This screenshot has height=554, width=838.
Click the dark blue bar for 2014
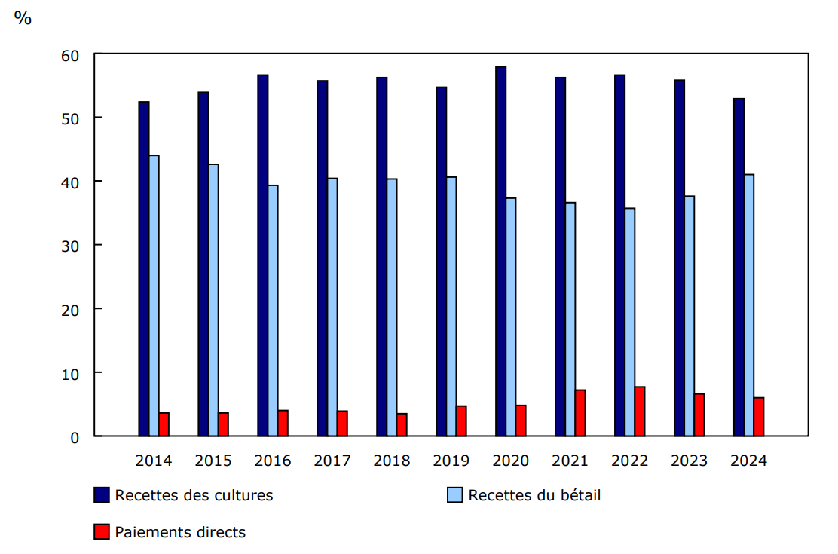pyautogui.click(x=143, y=268)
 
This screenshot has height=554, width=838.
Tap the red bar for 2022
pyautogui.click(x=640, y=411)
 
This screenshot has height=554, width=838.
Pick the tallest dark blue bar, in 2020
pyautogui.click(x=500, y=251)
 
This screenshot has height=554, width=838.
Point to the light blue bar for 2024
pyautogui.click(x=748, y=305)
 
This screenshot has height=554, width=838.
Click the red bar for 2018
pyautogui.click(x=402, y=424)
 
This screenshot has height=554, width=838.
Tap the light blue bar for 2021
pyautogui.click(x=570, y=318)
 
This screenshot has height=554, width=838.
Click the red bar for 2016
pyautogui.click(x=283, y=423)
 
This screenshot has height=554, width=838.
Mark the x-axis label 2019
pyautogui.click(x=451, y=461)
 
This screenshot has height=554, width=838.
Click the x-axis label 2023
pyautogui.click(x=689, y=461)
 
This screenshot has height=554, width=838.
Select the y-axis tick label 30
pyautogui.click(x=70, y=246)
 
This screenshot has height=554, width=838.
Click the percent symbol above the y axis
pyautogui.click(x=23, y=19)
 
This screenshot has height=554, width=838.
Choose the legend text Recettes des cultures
pyautogui.click(x=194, y=495)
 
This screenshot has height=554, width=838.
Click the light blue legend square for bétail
pyautogui.click(x=455, y=495)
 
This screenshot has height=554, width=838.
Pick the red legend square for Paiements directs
pyautogui.click(x=102, y=532)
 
